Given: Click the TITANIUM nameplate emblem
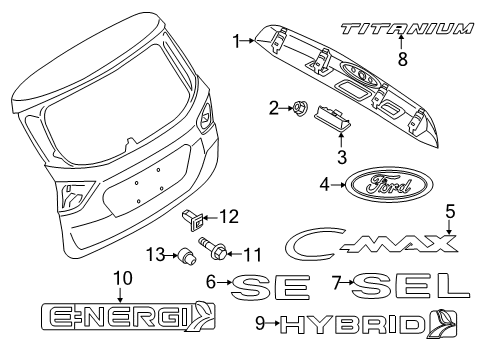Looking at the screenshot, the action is click(x=407, y=28).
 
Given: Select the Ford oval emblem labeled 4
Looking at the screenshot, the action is click(x=389, y=185).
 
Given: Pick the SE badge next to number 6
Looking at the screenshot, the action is click(x=270, y=287).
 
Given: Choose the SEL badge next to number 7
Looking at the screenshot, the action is click(x=410, y=286).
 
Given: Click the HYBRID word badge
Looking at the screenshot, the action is click(x=353, y=325).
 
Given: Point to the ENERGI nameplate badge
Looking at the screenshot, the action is click(x=128, y=316).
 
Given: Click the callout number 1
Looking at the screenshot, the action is click(x=236, y=42).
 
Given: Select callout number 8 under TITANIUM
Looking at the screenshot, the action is click(x=403, y=59).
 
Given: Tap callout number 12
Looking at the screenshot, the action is click(x=229, y=217).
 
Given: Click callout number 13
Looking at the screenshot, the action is click(x=156, y=255).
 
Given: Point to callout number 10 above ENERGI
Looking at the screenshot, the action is click(x=123, y=278).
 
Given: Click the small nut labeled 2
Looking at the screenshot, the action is click(x=297, y=108).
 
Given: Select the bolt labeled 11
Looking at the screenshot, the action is click(x=213, y=247).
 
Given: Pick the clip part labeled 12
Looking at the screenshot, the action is click(x=193, y=219).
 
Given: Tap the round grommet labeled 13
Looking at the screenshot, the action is click(x=187, y=256).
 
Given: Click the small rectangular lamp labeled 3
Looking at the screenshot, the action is click(x=333, y=119).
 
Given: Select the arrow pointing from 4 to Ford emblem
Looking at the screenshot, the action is click(x=338, y=185).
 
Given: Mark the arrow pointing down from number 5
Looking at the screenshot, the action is click(x=450, y=227).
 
